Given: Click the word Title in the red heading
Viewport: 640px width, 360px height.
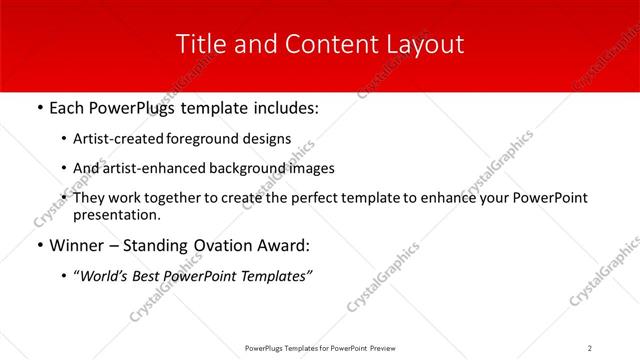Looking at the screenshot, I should pos(198,45).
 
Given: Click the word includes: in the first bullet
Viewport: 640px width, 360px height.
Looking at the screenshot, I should pos(281,107).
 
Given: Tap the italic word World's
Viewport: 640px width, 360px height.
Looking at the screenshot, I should pos(107,277).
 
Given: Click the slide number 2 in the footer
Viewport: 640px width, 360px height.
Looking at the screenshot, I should pos(590,347).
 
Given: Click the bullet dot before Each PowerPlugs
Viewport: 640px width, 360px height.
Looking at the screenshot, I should pos(38,107).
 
